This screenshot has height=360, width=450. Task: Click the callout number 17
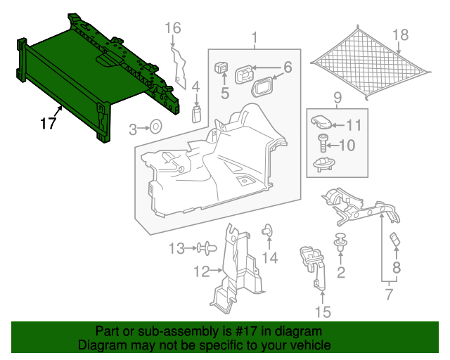(48, 124)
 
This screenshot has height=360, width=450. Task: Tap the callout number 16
(173, 28)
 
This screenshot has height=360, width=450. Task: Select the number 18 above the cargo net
(400, 34)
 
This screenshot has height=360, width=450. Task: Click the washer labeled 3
(155, 128)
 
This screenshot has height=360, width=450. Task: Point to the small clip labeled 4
(198, 112)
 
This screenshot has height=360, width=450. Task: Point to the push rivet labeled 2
(342, 243)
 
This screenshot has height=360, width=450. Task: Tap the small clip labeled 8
(394, 240)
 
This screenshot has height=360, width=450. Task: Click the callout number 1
(255, 37)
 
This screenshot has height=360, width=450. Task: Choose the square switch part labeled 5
(222, 68)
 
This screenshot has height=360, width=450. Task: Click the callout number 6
(288, 68)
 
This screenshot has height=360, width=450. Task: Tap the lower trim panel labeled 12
(232, 274)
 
